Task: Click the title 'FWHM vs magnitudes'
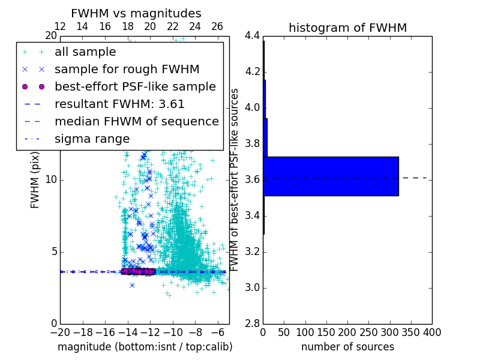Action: point(136,13)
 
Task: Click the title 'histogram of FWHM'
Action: point(347,28)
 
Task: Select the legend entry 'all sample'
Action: point(85,52)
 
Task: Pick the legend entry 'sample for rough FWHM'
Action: point(127,69)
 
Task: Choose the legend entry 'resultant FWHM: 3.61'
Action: point(119,104)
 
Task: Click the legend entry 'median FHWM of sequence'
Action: point(136,121)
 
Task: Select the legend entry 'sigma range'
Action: point(92,139)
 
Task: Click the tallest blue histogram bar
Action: point(331,176)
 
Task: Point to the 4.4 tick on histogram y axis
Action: point(252,35)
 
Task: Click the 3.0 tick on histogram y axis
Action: point(252,287)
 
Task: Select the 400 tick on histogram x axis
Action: point(432,332)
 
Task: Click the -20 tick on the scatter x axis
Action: point(60,332)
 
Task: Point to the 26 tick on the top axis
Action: point(217,26)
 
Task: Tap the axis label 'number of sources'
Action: point(347,347)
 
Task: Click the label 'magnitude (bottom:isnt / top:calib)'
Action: point(145,347)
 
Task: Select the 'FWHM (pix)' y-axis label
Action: point(35,179)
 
